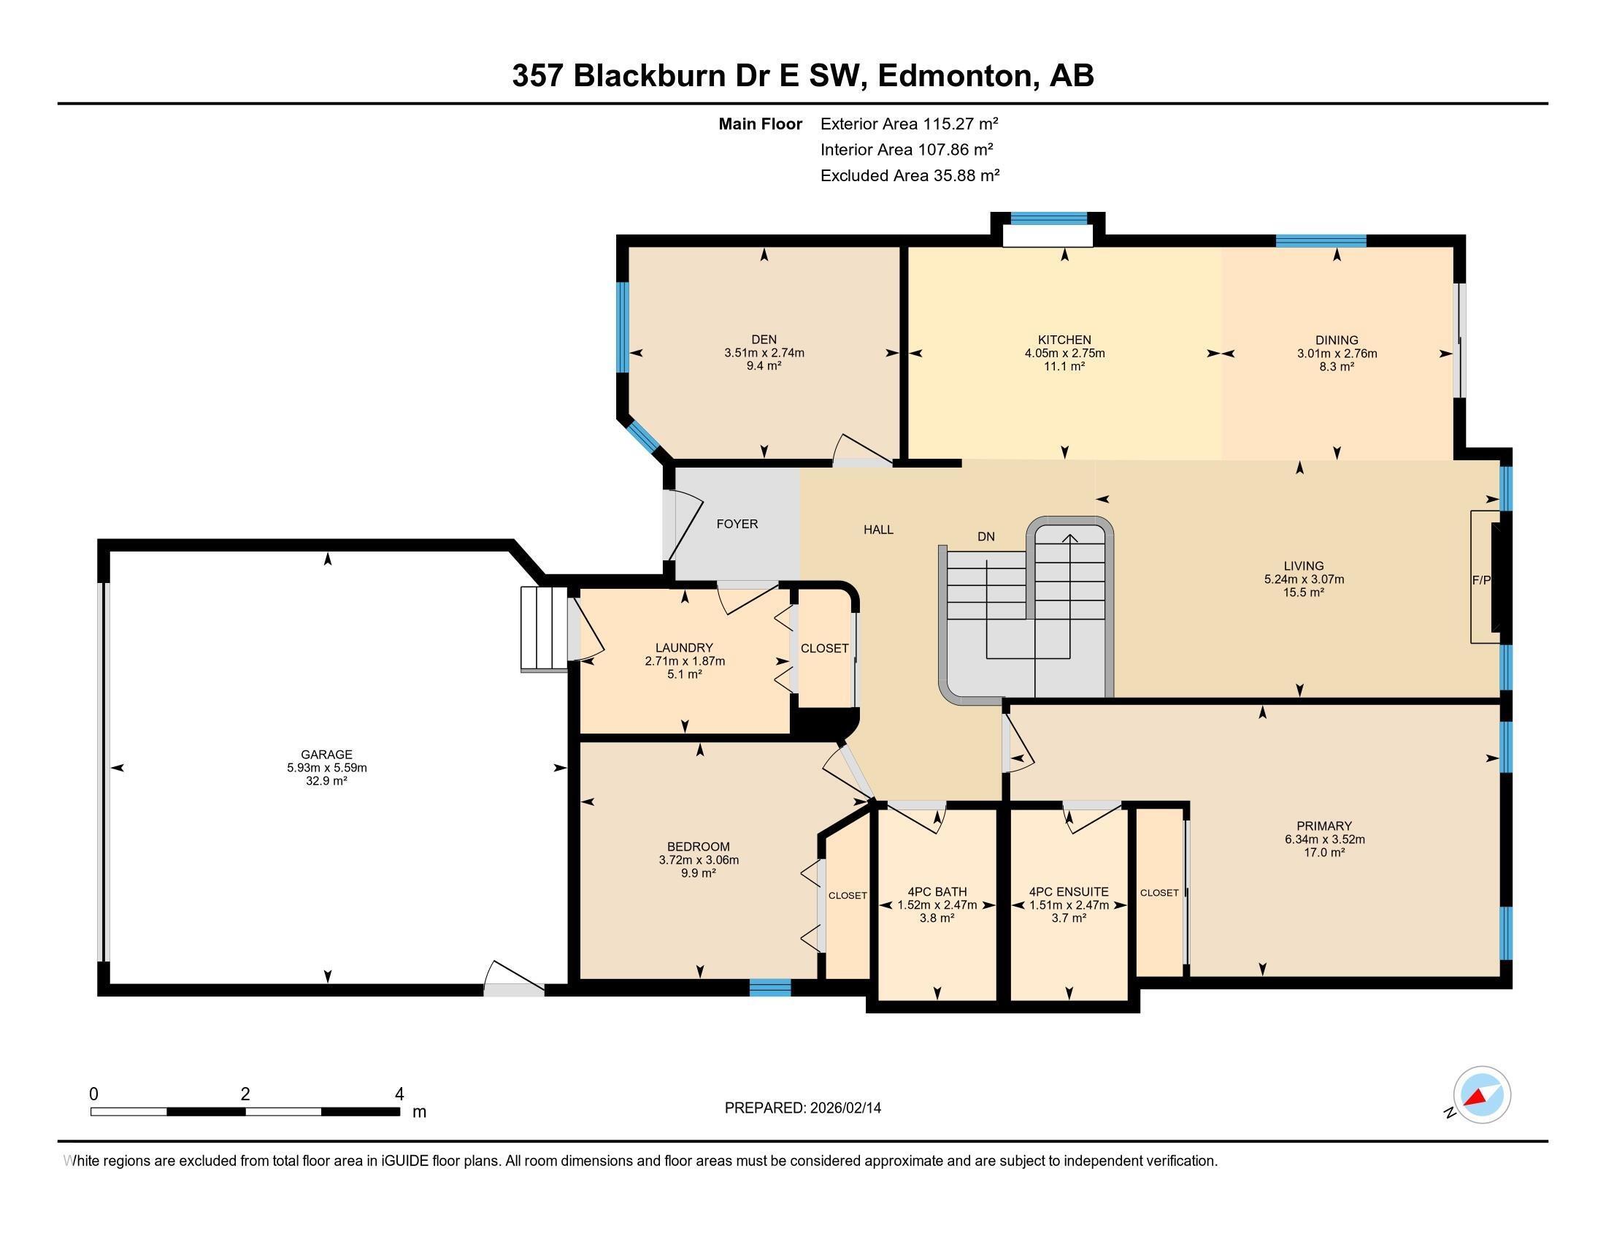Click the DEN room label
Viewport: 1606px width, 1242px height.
[x=764, y=339]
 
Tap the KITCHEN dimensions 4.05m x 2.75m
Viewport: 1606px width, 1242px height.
[x=1064, y=353]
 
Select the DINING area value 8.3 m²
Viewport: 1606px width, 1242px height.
[x=1336, y=367]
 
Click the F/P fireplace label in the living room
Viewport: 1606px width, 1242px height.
[x=1480, y=580]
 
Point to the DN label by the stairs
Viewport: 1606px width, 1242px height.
[x=985, y=537]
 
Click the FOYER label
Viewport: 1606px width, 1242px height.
[x=737, y=524]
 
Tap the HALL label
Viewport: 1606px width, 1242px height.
[x=878, y=530]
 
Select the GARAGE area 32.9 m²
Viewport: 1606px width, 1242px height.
[x=326, y=781]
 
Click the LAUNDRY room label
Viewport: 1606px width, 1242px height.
[x=684, y=647]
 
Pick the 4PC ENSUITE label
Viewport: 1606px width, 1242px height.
[x=1069, y=892]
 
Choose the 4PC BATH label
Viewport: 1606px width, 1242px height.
[x=936, y=892]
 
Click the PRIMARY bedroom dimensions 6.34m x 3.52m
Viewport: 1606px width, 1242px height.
[x=1323, y=839]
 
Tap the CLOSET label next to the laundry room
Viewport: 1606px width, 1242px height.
[x=824, y=648]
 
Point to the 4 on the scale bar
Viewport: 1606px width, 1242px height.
[x=399, y=1094]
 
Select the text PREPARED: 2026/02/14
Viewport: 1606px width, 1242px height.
[x=802, y=1108]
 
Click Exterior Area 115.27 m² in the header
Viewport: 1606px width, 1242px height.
[x=909, y=123]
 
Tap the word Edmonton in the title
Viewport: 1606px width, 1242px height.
[x=956, y=76]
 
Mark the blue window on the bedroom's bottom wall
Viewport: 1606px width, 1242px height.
[x=770, y=988]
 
